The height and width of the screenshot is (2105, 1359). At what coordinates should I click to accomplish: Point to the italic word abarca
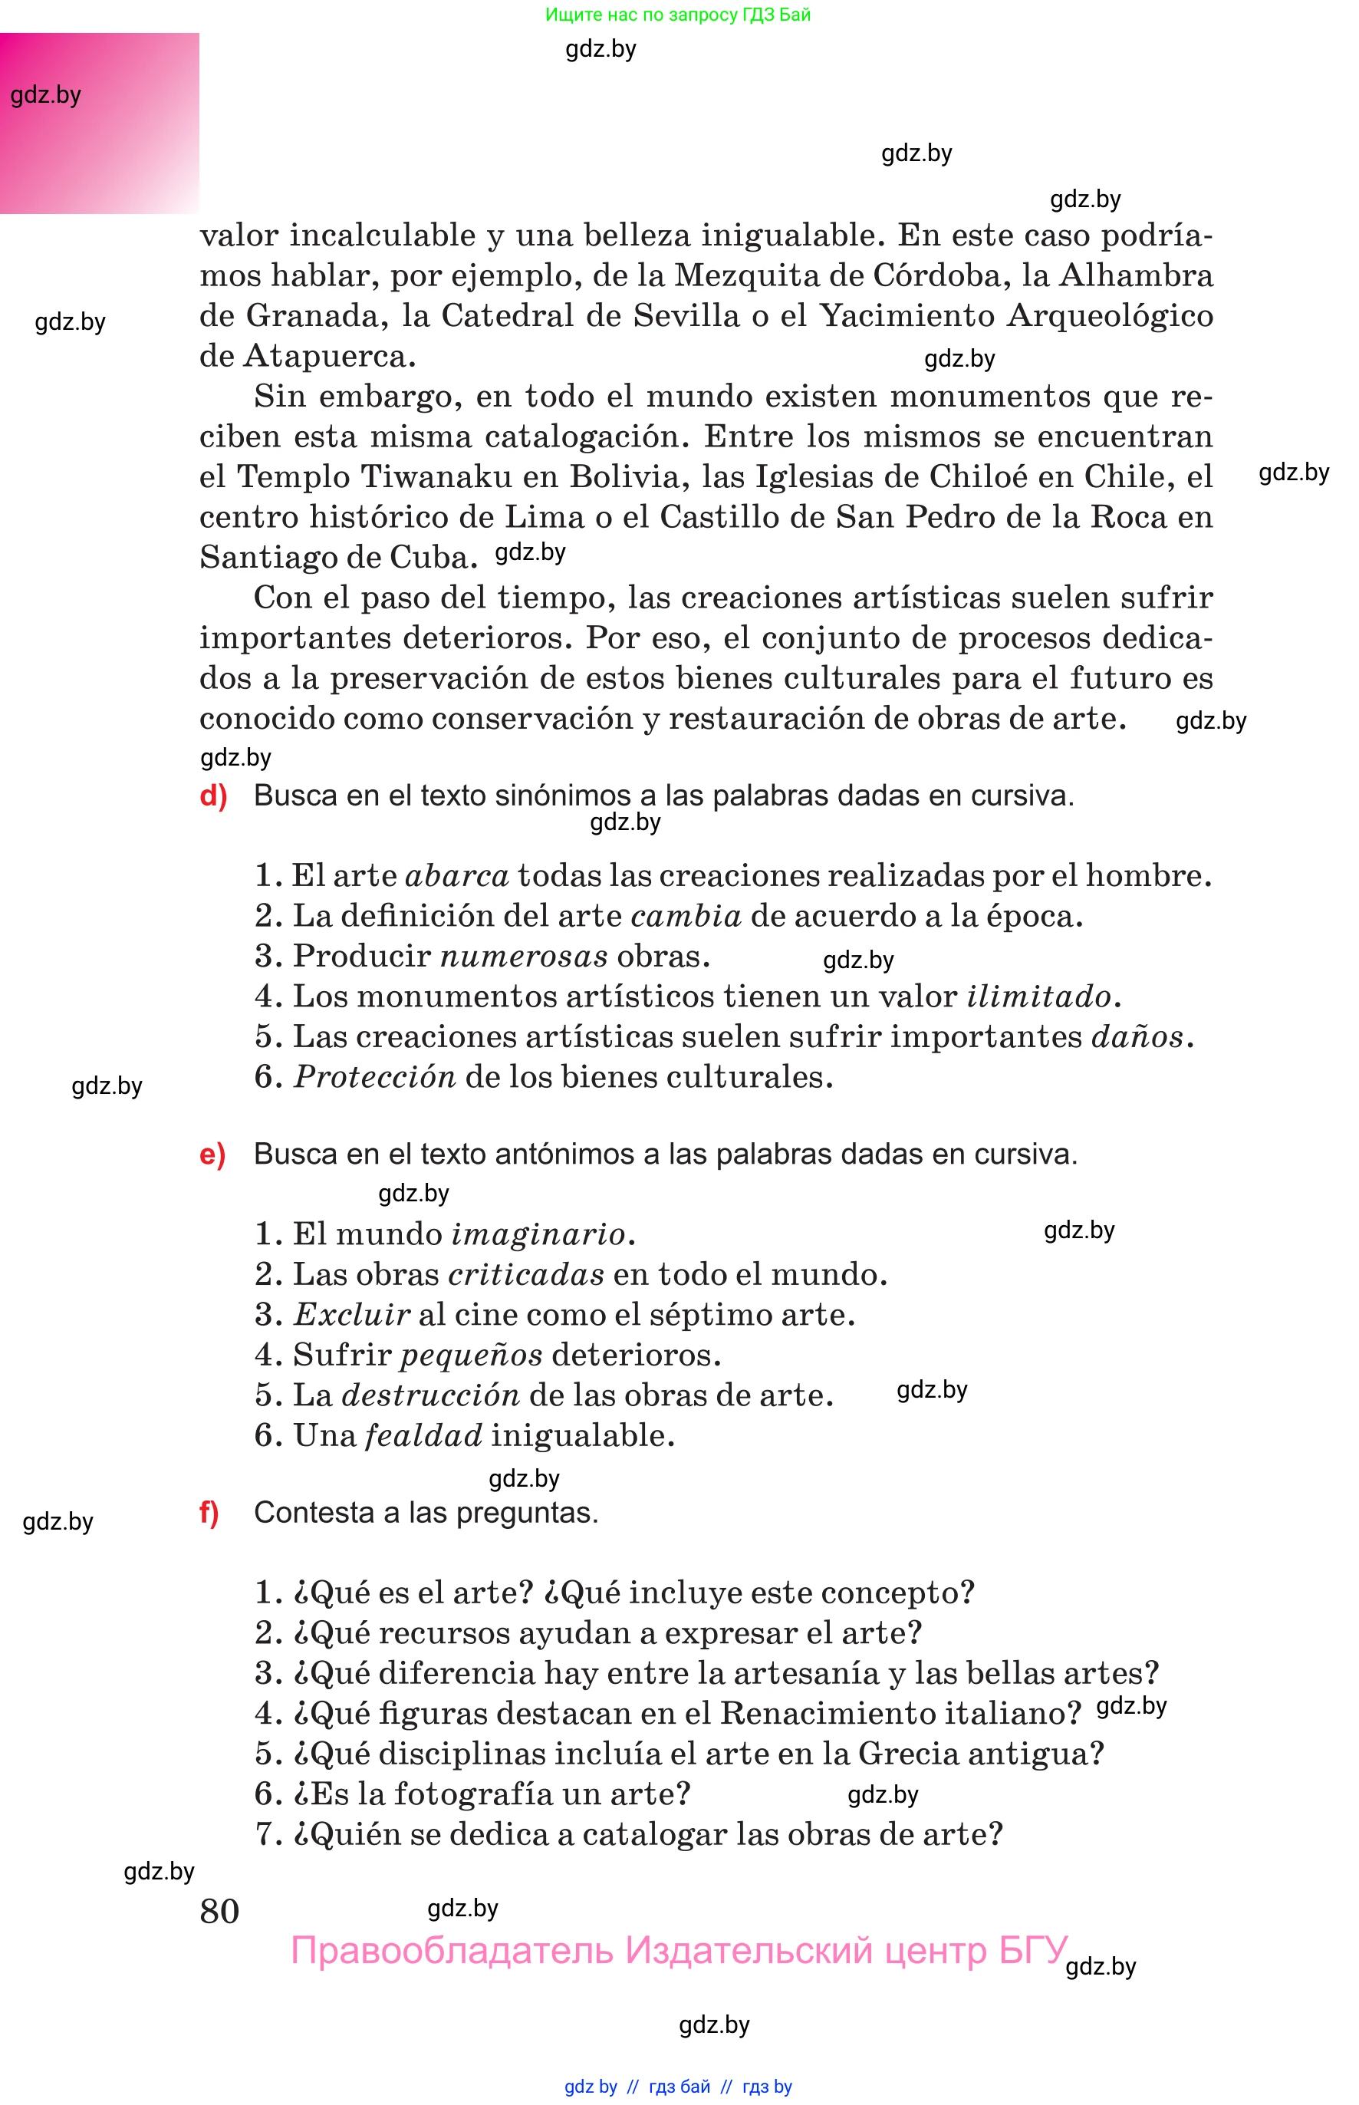(456, 875)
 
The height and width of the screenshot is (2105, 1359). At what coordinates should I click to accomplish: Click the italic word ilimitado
(1038, 996)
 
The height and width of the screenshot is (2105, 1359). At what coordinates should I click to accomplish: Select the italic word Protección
(374, 1077)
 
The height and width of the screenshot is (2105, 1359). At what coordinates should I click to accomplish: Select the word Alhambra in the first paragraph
(1136, 275)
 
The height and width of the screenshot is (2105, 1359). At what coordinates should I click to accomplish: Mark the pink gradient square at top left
(99, 123)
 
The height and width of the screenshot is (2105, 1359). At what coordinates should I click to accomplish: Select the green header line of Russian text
(677, 14)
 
